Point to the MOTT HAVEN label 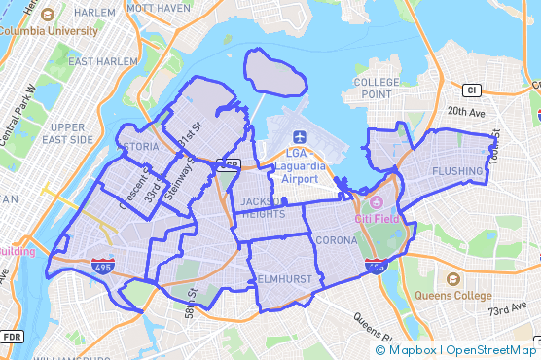[x=152, y=8]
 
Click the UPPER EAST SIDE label [x=68, y=133]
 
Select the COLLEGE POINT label [x=377, y=88]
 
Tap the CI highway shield [x=473, y=90]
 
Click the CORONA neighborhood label [x=337, y=239]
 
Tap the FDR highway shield [x=12, y=337]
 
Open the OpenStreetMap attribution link [x=490, y=350]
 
